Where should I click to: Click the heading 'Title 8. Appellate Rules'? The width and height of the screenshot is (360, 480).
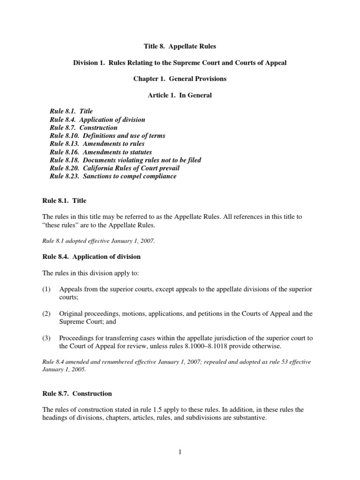[x=180, y=47]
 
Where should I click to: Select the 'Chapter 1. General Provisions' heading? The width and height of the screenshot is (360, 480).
[x=180, y=79]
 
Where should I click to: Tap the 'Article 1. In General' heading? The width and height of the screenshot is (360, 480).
[x=180, y=95]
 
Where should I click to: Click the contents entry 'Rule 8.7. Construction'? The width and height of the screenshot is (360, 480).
[x=83, y=127]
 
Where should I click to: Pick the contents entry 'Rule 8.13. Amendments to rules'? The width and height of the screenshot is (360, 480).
[x=97, y=144]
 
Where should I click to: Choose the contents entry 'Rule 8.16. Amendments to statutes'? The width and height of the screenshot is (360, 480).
[x=101, y=152]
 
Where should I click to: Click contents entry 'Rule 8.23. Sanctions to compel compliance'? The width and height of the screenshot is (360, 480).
[x=113, y=176]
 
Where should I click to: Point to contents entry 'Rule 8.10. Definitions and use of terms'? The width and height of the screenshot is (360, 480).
[x=107, y=136]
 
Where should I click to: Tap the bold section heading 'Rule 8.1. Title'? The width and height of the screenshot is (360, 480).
[x=64, y=201]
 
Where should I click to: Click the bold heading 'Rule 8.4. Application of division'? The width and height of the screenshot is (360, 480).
[x=91, y=257]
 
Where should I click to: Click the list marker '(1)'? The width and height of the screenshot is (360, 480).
[x=47, y=289]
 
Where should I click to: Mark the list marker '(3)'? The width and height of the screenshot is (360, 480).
[x=47, y=338]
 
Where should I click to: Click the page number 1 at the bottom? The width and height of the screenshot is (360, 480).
[x=180, y=452]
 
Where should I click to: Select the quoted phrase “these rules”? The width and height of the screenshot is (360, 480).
[x=59, y=225]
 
